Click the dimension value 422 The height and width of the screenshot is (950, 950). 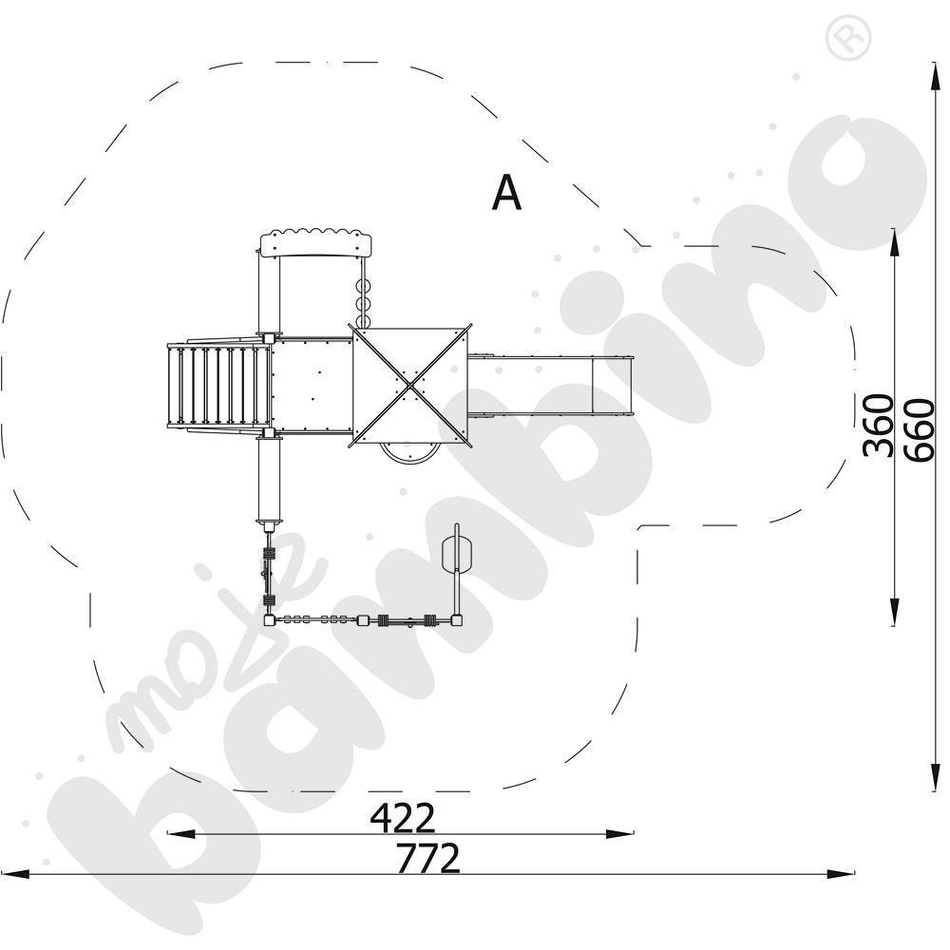(x=402, y=818)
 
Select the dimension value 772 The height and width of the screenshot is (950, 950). (x=427, y=858)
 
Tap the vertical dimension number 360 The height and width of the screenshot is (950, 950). (x=879, y=426)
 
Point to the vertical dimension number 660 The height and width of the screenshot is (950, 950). (x=919, y=430)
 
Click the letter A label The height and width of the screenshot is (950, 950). (x=506, y=193)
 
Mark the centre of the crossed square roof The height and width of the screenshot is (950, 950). (x=411, y=386)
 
